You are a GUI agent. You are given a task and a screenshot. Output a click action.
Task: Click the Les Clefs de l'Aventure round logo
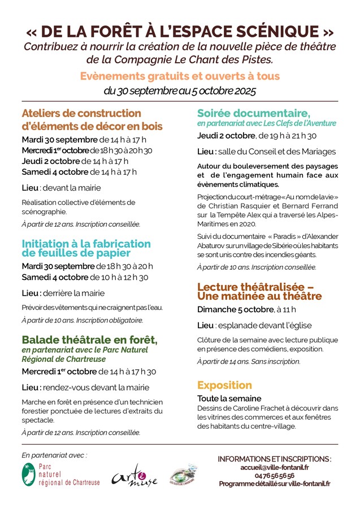(184, 475)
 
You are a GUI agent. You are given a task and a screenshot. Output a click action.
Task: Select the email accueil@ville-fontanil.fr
(274, 467)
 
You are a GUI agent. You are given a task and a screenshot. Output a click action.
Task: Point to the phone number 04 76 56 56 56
(274, 476)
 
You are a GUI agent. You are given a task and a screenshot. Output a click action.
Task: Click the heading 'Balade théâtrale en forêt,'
(89, 340)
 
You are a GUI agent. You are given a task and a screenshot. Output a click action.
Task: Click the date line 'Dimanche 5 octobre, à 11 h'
(246, 309)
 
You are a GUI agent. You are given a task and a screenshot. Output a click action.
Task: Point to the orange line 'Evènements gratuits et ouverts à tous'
(180, 76)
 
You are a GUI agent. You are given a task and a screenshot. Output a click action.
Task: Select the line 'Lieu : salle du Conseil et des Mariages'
(266, 152)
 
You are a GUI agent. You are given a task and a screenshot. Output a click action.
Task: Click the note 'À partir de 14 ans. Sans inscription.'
(249, 361)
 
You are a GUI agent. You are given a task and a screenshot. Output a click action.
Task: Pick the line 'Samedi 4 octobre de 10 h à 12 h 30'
(85, 277)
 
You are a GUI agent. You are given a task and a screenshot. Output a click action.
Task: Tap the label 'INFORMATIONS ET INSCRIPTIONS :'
(274, 459)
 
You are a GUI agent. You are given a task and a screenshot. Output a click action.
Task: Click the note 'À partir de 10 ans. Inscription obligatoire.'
(83, 320)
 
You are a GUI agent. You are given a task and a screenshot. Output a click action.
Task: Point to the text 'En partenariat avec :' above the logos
(54, 454)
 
